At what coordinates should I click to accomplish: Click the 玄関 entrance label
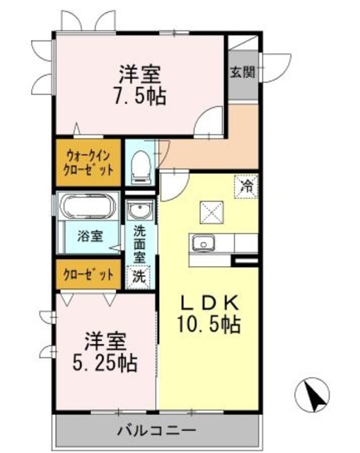[x=243, y=72]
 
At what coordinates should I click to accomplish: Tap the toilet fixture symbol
[x=141, y=167]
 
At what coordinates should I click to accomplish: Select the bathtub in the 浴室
[x=88, y=206]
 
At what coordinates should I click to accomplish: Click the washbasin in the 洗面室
[x=141, y=210]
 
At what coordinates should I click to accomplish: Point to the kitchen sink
[x=204, y=243]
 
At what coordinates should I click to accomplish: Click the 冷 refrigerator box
[x=246, y=187]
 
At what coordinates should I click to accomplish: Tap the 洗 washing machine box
[x=139, y=277]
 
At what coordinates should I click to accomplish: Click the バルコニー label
[x=156, y=431]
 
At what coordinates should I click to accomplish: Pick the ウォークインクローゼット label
[x=88, y=163]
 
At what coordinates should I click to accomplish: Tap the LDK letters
[x=209, y=303]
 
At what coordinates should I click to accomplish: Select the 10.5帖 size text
[x=209, y=324]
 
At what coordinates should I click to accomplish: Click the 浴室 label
[x=90, y=236]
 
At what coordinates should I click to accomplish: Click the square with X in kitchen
[x=212, y=212]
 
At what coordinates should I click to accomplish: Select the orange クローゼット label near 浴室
[x=88, y=275]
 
